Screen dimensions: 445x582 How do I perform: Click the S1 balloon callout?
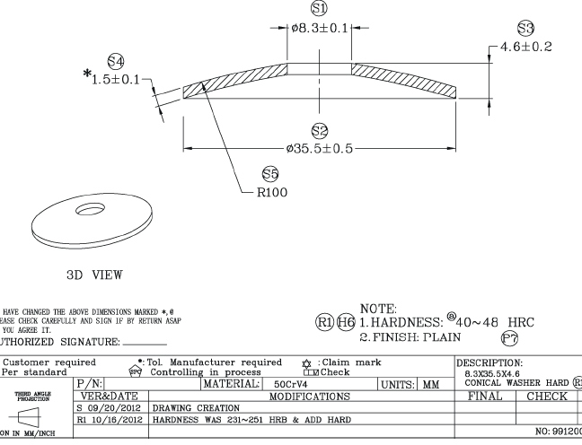(x=317, y=8)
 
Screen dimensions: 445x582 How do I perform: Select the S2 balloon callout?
(x=317, y=132)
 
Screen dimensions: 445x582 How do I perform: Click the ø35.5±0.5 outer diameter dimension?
(x=317, y=148)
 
